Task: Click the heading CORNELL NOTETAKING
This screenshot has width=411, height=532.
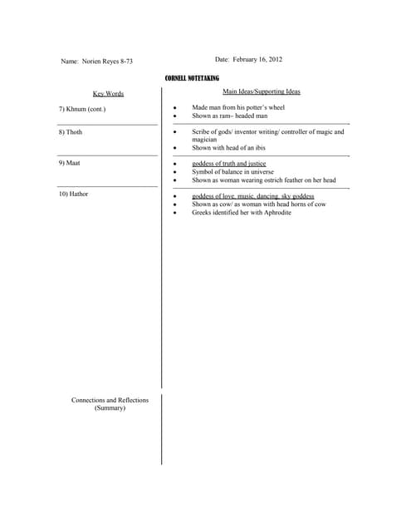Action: pos(192,78)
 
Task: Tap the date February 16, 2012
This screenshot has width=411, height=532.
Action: pos(248,60)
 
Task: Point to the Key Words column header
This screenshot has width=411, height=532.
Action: pos(108,94)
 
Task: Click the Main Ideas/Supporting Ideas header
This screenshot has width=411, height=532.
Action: pos(262,91)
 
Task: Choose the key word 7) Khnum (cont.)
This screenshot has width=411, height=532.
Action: pos(82,109)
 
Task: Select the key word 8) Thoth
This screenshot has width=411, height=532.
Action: pos(71,132)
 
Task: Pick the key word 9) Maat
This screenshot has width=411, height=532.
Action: pos(69,163)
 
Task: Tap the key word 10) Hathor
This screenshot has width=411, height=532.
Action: pos(73,194)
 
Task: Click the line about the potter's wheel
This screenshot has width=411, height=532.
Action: pos(238,108)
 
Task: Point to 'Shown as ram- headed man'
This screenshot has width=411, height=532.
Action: pos(230,116)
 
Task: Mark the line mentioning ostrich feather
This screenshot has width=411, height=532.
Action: pos(263,180)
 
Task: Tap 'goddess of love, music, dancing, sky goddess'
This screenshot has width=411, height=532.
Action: pos(252,196)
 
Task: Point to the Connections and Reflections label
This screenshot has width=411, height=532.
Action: pos(110,401)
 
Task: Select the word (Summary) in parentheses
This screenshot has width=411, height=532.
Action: pos(110,409)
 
